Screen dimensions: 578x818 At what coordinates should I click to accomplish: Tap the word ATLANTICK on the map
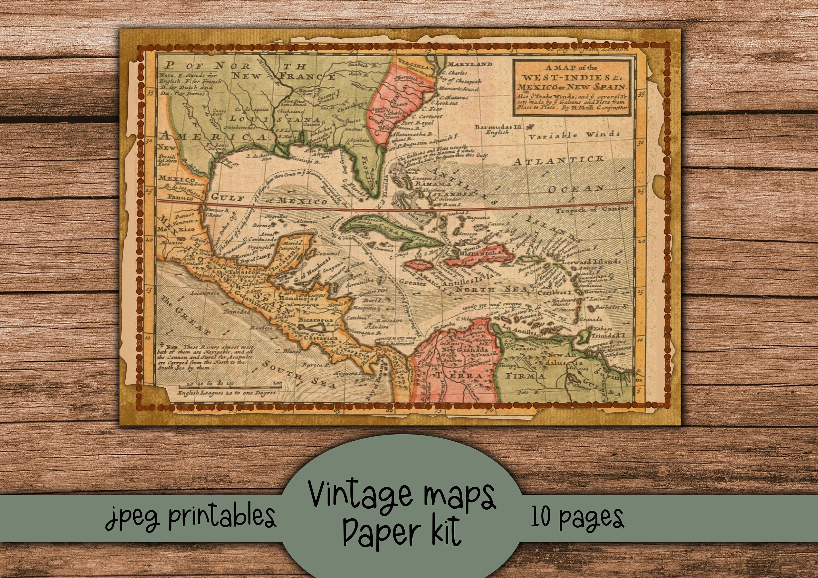tap(558, 161)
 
